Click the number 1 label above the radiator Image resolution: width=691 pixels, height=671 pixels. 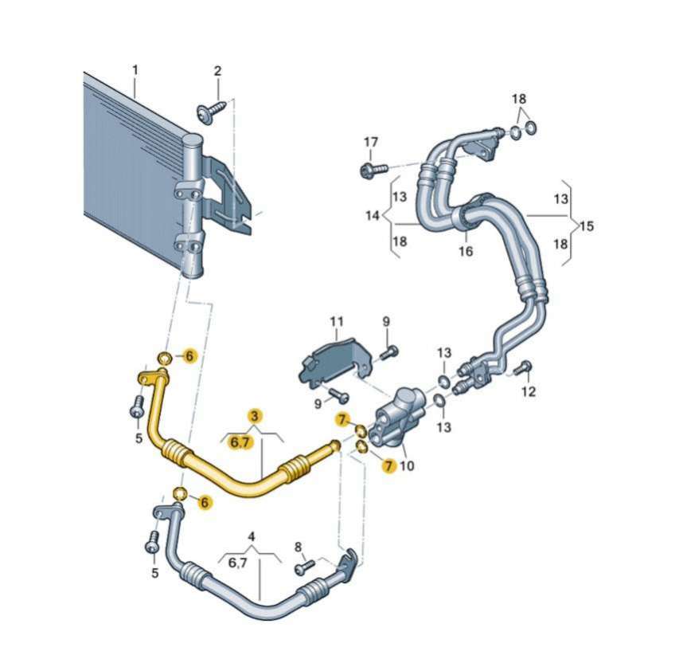[x=135, y=70]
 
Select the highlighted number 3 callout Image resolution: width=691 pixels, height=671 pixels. [x=255, y=416]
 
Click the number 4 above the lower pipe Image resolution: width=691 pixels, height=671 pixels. [x=252, y=537]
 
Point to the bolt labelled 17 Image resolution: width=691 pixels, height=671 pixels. [x=374, y=170]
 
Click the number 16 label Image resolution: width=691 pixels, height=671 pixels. [x=466, y=252]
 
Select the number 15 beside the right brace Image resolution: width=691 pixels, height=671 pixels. [x=587, y=226]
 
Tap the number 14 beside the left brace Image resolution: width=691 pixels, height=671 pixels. [x=373, y=216]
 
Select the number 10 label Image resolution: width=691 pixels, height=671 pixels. [x=408, y=465]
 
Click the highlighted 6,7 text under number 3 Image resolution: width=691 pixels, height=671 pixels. [x=240, y=442]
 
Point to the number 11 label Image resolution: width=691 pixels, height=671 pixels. [x=336, y=321]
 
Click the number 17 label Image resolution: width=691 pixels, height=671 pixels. [x=371, y=142]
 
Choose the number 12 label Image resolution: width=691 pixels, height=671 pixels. [x=529, y=391]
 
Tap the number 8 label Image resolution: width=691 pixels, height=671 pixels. [x=299, y=547]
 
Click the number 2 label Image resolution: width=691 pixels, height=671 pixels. [x=217, y=71]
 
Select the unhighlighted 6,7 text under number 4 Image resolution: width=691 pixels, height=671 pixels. [x=238, y=563]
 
